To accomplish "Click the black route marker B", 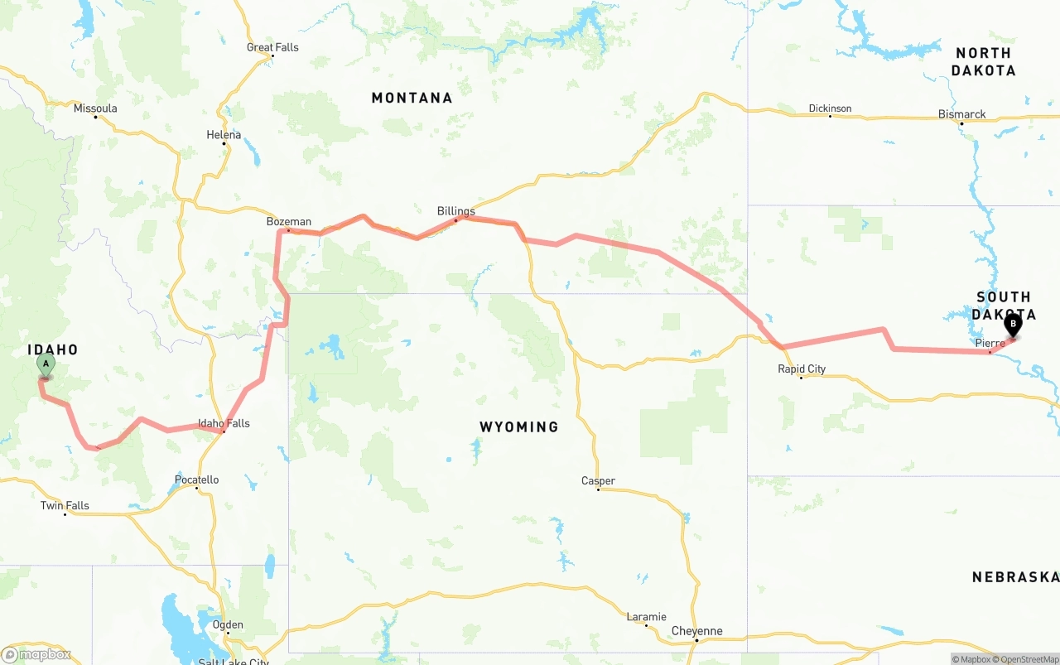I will [x=1013, y=325].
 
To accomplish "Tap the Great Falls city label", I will [x=272, y=47].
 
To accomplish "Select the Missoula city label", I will [x=95, y=108].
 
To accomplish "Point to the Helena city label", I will [x=224, y=135].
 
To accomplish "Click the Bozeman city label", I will [x=289, y=222].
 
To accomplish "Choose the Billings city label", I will [x=456, y=211].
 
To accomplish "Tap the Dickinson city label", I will [x=830, y=108].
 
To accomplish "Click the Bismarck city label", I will [x=961, y=114].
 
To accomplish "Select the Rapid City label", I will [x=802, y=369].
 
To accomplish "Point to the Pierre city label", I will [x=990, y=343].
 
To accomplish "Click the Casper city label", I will [x=598, y=481].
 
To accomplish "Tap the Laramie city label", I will [x=646, y=617].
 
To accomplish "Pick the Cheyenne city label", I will [x=696, y=631].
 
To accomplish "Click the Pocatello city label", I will [x=197, y=480].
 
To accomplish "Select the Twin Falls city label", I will [x=65, y=506].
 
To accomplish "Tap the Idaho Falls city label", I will [x=224, y=423].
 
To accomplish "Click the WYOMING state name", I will [x=519, y=427].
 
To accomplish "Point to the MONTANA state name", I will [x=412, y=98].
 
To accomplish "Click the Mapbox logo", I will [x=37, y=655].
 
